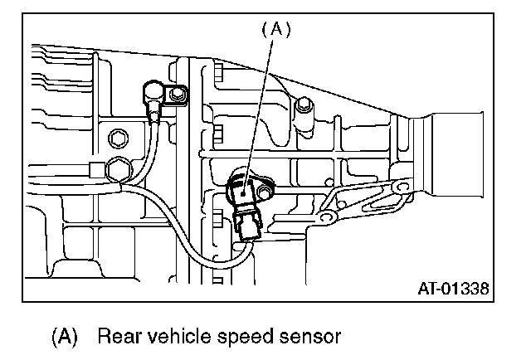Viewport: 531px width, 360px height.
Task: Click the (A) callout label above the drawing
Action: point(276,30)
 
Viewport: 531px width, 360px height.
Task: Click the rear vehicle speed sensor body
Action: point(241,190)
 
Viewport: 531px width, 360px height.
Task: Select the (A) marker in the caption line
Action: point(65,338)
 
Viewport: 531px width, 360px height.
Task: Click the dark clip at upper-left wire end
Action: point(154,90)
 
